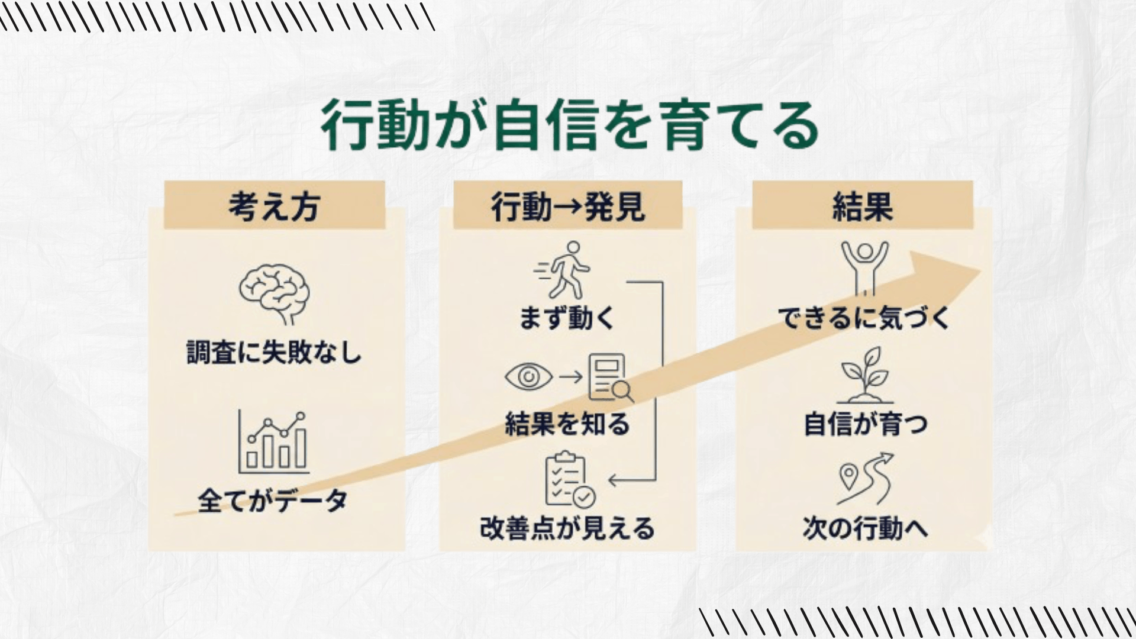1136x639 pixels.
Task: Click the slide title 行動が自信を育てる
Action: click(570, 126)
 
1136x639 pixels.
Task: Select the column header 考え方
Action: click(275, 206)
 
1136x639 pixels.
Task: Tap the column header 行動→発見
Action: click(567, 206)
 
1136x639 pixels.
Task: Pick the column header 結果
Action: click(862, 206)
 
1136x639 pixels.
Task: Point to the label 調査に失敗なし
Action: click(274, 353)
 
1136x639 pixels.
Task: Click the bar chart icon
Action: click(274, 441)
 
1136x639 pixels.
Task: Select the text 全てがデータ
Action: click(272, 501)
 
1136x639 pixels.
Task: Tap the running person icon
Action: click(563, 270)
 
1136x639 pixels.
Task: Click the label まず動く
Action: click(567, 318)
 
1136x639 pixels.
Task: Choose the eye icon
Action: click(528, 376)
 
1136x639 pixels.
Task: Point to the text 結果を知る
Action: click(567, 424)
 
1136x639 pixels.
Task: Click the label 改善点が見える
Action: click(567, 528)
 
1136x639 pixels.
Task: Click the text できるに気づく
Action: click(864, 318)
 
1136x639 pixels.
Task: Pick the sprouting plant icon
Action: click(865, 375)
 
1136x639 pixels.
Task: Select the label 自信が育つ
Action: click(865, 424)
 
